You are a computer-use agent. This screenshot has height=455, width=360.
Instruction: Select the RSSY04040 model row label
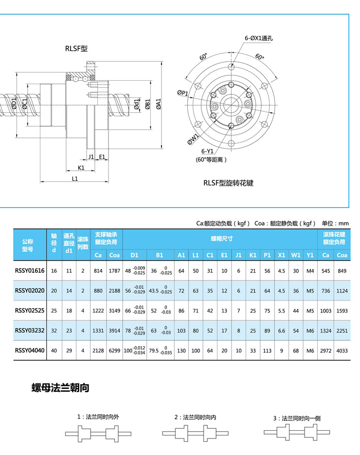coord(30,350)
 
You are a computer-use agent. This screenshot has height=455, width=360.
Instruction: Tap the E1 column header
coord(224,255)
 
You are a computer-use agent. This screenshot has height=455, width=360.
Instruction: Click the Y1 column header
coord(310,255)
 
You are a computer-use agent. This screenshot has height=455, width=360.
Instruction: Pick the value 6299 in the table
coord(115,350)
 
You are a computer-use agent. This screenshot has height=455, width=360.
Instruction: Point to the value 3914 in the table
coord(115,330)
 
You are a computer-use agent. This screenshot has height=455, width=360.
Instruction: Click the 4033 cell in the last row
coord(342,350)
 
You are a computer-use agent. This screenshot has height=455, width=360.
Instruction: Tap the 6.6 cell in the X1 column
coord(281,330)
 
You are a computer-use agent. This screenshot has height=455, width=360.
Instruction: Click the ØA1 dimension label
coord(159,104)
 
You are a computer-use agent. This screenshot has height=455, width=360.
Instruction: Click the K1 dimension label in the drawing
coord(81,167)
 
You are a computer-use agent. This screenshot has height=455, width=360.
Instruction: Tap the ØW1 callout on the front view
coord(192,139)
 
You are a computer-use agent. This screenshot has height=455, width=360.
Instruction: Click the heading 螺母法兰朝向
coord(60,388)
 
